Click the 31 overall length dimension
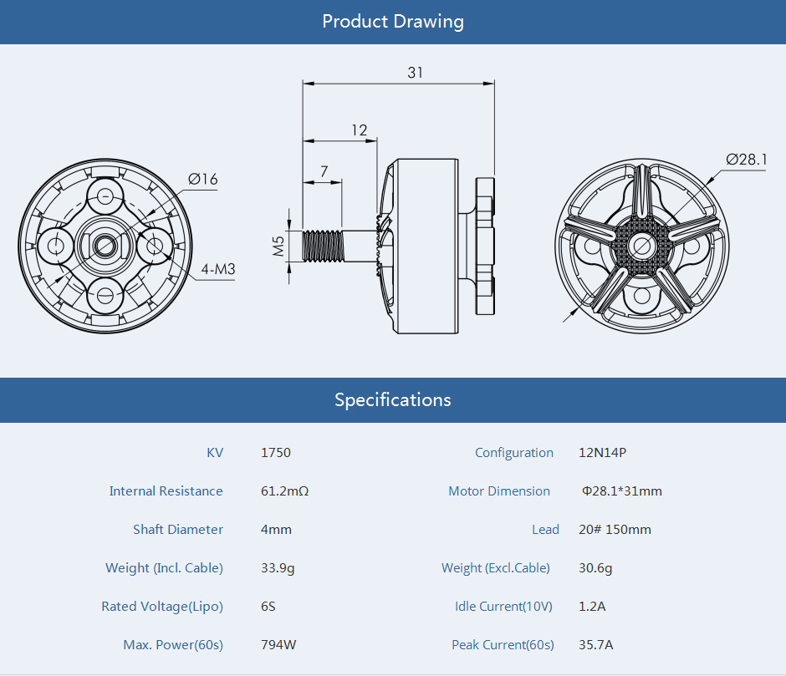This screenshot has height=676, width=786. point(415,73)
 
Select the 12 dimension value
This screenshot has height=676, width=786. point(359,130)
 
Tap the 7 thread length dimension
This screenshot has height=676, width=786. point(324,171)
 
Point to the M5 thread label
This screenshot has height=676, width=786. point(278,246)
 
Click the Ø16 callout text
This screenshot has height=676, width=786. point(203,179)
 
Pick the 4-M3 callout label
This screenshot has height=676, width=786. point(218,269)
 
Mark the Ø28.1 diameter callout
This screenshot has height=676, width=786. point(747,160)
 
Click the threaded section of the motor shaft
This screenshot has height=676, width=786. point(324,246)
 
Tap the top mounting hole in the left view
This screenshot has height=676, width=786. point(105,196)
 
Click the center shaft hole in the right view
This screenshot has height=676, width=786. point(641,246)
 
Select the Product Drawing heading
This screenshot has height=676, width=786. point(393,22)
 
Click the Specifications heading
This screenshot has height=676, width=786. point(393,400)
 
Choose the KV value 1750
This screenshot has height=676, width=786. point(276,453)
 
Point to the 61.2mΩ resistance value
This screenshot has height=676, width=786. point(285,491)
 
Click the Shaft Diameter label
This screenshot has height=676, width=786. point(178,530)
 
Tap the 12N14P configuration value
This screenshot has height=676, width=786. point(603,453)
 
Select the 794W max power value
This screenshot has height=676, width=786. point(278,644)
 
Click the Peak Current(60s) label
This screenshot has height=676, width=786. point(503,645)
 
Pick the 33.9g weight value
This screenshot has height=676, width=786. point(278,568)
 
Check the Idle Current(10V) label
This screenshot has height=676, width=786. point(503,607)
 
